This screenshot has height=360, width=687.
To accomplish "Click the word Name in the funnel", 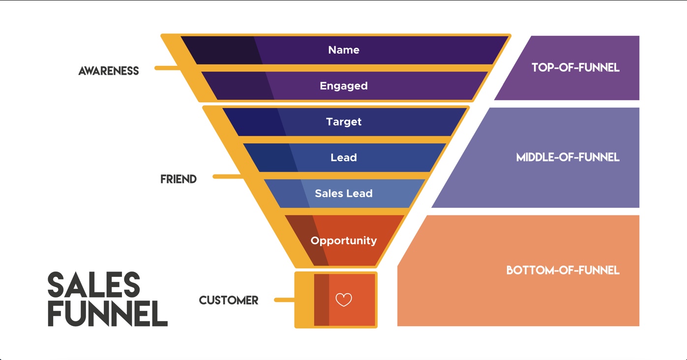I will pyautogui.click(x=344, y=50).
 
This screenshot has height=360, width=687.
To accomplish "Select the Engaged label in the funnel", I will pyautogui.click(x=344, y=86).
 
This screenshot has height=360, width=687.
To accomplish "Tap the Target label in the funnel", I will pyautogui.click(x=344, y=121).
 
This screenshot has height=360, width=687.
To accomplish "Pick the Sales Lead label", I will pyautogui.click(x=344, y=193).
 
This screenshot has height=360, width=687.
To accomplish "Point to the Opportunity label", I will pyautogui.click(x=344, y=240).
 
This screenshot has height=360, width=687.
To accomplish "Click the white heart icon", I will pyautogui.click(x=344, y=300).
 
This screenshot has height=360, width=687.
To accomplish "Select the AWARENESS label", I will pyautogui.click(x=109, y=71).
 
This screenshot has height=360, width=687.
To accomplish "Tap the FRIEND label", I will pyautogui.click(x=179, y=180).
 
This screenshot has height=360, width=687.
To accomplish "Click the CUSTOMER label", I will pyautogui.click(x=229, y=300).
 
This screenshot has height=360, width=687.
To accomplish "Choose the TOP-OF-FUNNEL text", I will pyautogui.click(x=575, y=68).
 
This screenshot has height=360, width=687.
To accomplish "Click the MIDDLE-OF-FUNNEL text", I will pyautogui.click(x=568, y=157).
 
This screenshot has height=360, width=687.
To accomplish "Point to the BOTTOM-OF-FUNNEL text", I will pyautogui.click(x=563, y=270).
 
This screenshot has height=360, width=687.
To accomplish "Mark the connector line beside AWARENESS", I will pyautogui.click(x=167, y=68).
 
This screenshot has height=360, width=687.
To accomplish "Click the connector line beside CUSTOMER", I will pyautogui.click(x=284, y=300).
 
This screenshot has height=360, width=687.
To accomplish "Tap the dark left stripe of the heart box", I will pyautogui.click(x=321, y=300).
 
